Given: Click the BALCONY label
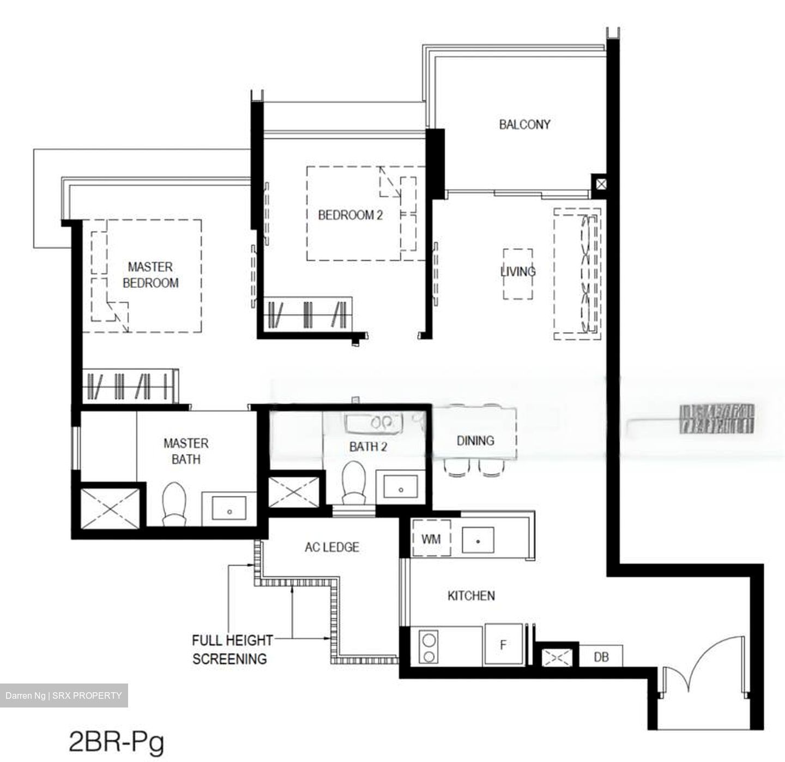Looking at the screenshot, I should (524, 124).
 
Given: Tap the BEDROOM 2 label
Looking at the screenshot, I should (350, 215).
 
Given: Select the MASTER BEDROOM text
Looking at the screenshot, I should (150, 275).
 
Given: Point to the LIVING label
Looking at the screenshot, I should (518, 271).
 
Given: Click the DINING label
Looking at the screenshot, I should (475, 440).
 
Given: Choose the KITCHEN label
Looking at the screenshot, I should (471, 596).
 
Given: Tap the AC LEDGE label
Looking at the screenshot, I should (332, 547).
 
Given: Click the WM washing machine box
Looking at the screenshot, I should (431, 539).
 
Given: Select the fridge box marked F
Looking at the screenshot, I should (504, 645).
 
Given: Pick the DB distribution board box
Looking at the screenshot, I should (601, 657).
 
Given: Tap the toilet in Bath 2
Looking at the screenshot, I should (354, 483).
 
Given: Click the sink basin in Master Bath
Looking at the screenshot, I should (230, 510).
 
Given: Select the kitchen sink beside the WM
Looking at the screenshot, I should (478, 541).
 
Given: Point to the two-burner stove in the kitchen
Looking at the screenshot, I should (428, 646).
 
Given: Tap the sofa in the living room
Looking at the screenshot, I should (578, 274).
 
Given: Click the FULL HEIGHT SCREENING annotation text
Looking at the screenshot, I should (231, 649).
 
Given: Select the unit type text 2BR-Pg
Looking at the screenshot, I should (116, 742).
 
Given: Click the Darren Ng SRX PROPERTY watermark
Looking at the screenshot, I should (64, 696).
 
